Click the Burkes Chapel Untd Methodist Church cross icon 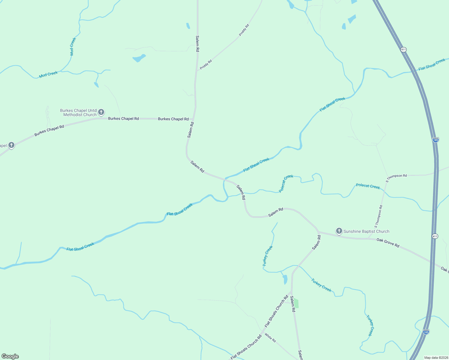tap(101, 112)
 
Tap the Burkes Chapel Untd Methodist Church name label tap(78, 112)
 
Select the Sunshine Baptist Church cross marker tap(339, 231)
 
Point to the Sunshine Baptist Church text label tap(366, 231)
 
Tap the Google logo tap(10, 356)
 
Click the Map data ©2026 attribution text tap(436, 358)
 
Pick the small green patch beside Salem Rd tap(296, 303)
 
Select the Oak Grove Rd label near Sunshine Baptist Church tap(388, 243)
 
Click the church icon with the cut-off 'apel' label tap(11, 145)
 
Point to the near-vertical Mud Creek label tap(73, 46)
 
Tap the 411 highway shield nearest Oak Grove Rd tap(435, 236)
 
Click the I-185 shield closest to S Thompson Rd tap(435, 140)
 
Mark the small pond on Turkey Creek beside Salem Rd tap(285, 280)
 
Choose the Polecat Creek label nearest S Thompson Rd tap(368, 186)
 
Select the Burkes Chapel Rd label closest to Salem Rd tap(173, 119)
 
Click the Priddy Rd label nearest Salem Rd tap(206, 64)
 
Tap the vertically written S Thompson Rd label tap(378, 216)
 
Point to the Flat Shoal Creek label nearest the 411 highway tap(432, 64)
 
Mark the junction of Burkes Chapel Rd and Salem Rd tap(194, 119)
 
